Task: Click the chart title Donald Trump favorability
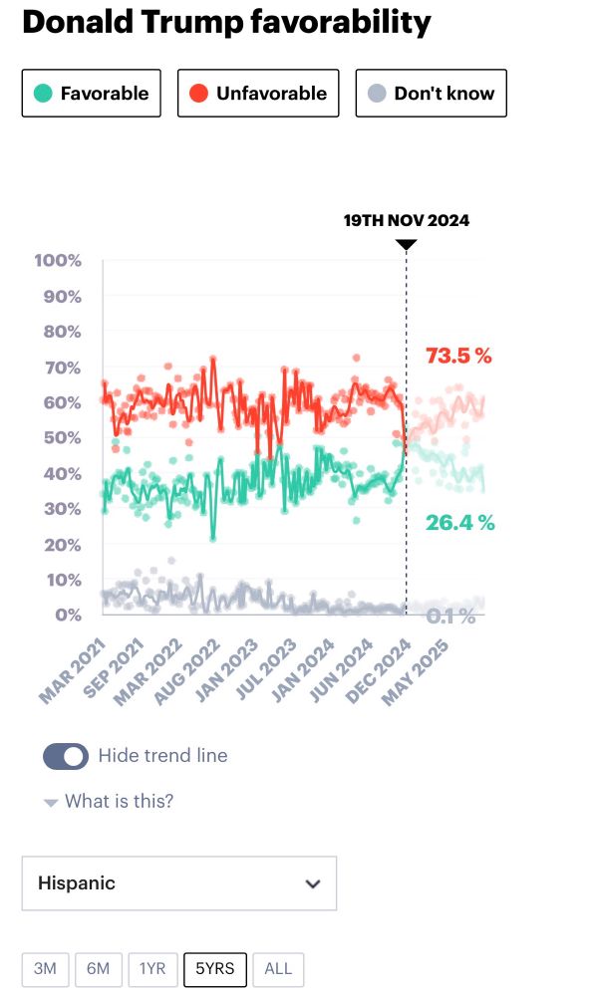pyautogui.click(x=226, y=22)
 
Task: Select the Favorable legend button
pyautogui.click(x=91, y=94)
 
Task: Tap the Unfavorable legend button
pyautogui.click(x=258, y=94)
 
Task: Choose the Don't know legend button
pyautogui.click(x=431, y=94)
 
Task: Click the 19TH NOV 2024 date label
pyautogui.click(x=407, y=220)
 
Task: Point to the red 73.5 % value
pyautogui.click(x=458, y=356)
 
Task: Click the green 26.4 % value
pyautogui.click(x=459, y=523)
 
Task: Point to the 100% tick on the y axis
pyautogui.click(x=58, y=261)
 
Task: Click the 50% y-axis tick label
pyautogui.click(x=61, y=438)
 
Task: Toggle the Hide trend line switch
pyautogui.click(x=66, y=757)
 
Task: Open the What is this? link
pyautogui.click(x=118, y=801)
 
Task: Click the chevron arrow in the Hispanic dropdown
pyautogui.click(x=313, y=883)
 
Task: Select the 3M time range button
pyautogui.click(x=45, y=969)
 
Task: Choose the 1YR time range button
pyautogui.click(x=153, y=969)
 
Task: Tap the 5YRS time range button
pyautogui.click(x=215, y=969)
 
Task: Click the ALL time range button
pyautogui.click(x=278, y=969)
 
